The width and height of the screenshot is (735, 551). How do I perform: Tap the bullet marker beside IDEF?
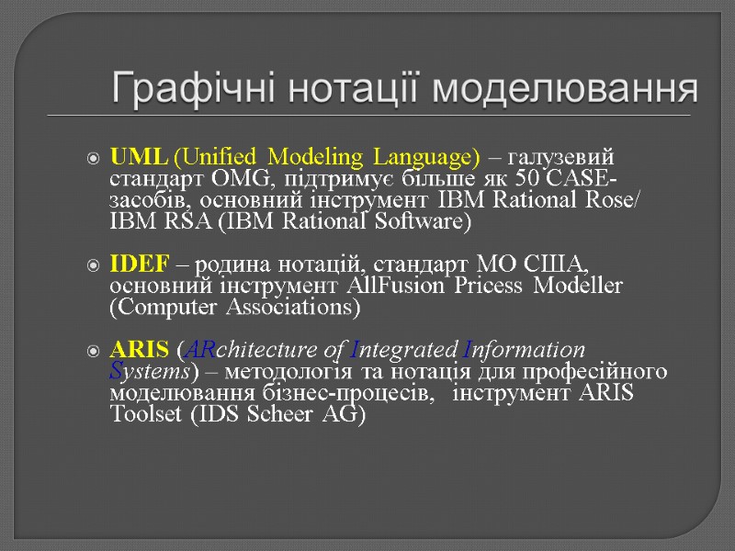(x=94, y=265)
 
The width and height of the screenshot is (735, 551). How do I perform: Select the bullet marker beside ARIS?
(x=94, y=351)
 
